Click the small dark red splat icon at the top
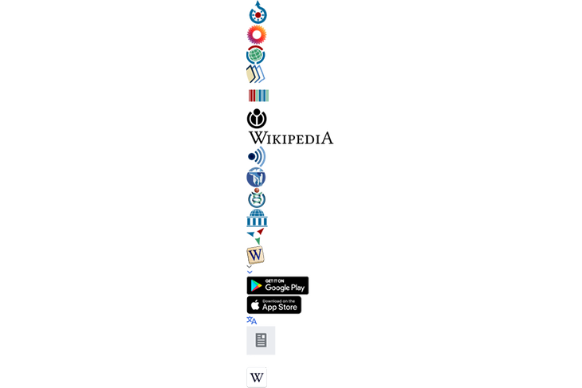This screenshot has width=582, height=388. pyautogui.click(x=258, y=14)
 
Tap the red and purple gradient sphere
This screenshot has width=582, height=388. pyautogui.click(x=254, y=35)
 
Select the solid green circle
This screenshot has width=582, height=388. pyautogui.click(x=255, y=55)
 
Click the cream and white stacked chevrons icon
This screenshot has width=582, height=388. pyautogui.click(x=254, y=75)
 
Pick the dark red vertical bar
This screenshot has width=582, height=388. pyautogui.click(x=250, y=96)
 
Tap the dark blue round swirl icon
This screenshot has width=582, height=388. pyautogui.click(x=254, y=155)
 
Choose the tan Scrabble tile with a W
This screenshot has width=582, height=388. pyautogui.click(x=256, y=255)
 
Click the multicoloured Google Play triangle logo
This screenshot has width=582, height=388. pyautogui.click(x=256, y=285)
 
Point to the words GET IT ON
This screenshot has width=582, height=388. pyautogui.click(x=275, y=280)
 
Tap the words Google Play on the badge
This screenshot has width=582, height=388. pyautogui.click(x=285, y=288)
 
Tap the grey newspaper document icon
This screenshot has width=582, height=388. pyautogui.click(x=261, y=341)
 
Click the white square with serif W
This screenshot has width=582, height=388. pyautogui.click(x=257, y=377)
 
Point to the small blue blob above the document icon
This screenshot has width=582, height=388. pyautogui.click(x=254, y=320)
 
